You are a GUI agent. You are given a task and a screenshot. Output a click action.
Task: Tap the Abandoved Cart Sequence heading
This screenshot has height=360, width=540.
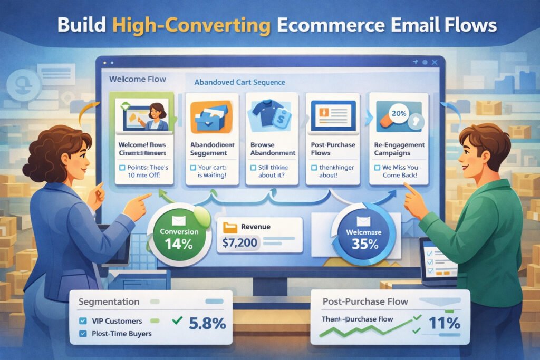pyautogui.click(x=239, y=83)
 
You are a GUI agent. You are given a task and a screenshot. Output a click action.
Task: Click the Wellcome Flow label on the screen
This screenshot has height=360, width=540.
pyautogui.click(x=137, y=79)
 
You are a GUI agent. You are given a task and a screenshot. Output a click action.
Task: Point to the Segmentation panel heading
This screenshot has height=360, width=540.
pyautogui.click(x=109, y=302)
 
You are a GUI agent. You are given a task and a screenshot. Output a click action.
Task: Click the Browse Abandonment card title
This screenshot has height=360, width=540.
pyautogui.click(x=272, y=148)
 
